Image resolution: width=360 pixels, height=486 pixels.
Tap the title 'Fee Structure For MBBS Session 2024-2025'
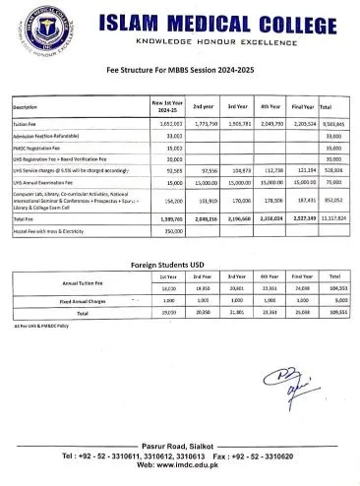point(180,71)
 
